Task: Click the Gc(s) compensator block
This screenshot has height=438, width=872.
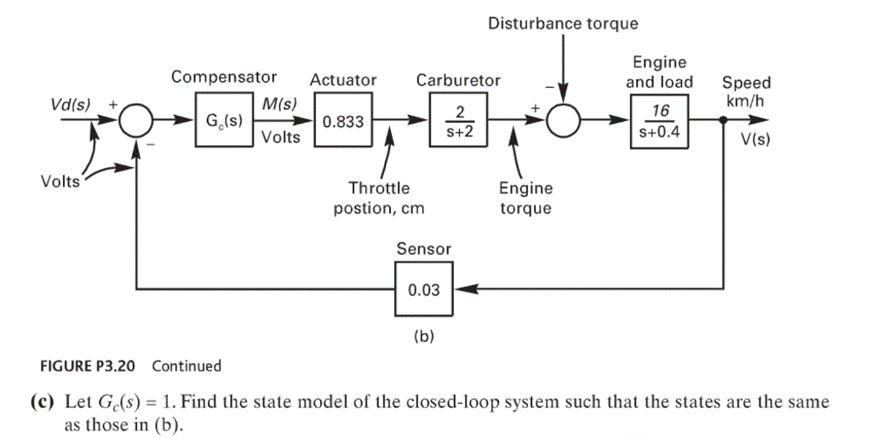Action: pos(222,122)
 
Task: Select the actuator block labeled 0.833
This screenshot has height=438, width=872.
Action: pos(342,122)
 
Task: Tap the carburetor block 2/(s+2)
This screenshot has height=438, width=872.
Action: pos(458,122)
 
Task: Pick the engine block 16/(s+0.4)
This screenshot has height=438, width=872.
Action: pos(659,122)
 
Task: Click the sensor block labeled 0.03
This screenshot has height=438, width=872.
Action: pos(423,290)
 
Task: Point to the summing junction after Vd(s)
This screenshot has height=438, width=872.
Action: pos(135,122)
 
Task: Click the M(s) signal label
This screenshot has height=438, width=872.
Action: pos(278,104)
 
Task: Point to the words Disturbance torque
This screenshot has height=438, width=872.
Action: pos(563,23)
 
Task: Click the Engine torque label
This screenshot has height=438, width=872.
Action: pos(525,198)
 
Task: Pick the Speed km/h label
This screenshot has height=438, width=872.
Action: pos(746,91)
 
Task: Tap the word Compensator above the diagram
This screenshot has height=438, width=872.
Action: pos(223,78)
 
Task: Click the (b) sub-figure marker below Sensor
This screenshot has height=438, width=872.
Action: pos(423,336)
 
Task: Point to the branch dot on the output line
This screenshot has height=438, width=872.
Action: pos(723,122)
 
